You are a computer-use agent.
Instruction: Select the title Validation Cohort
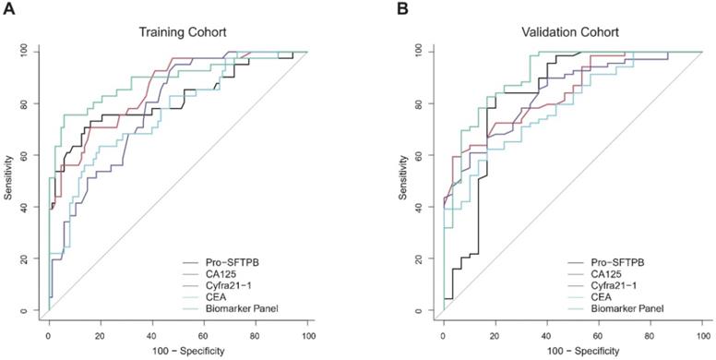572,33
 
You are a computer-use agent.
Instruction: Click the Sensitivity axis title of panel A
12,182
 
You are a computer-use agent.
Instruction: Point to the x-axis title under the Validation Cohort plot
572,352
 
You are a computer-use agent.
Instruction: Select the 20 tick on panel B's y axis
424,259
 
